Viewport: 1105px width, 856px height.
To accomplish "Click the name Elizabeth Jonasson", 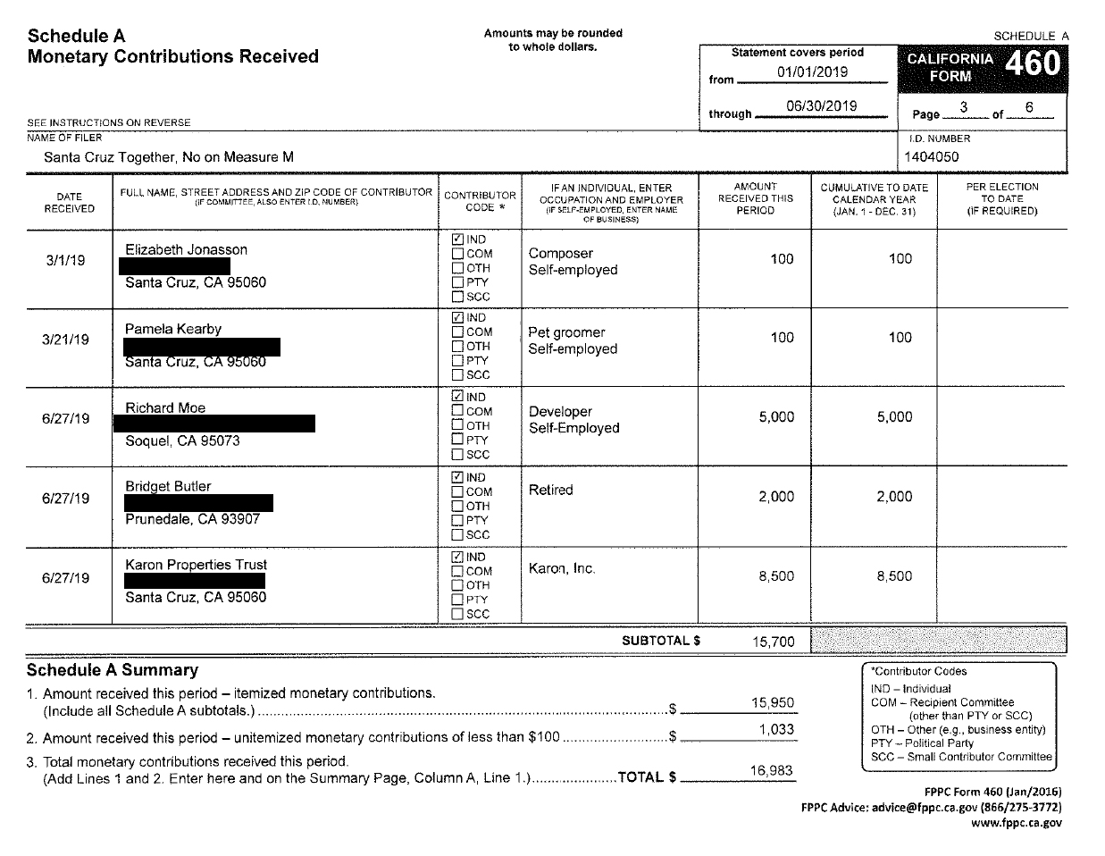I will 186,250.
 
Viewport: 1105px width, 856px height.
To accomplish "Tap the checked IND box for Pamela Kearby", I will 458,318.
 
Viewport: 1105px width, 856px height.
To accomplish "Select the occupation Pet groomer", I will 566,332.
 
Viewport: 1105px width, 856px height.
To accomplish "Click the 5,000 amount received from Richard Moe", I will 775,417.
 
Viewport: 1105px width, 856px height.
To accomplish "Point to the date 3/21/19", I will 66,340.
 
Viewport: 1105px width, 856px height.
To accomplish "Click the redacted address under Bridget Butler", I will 198,503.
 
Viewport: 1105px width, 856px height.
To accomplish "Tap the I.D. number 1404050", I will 931,157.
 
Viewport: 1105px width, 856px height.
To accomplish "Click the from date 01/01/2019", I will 812,72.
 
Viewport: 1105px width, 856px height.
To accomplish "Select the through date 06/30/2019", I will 821,106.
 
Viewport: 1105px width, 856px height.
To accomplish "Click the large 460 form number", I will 1033,64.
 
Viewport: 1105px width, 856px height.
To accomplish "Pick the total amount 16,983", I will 772,771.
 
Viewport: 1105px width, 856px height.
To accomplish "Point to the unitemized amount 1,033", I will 775,730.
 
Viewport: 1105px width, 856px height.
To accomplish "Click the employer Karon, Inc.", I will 562,569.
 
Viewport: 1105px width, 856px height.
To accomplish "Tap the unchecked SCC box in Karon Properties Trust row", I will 458,614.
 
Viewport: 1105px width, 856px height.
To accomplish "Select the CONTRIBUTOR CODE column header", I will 480,201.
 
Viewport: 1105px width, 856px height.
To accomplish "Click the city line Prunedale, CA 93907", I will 192,519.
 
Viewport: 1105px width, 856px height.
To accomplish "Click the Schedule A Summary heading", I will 112,670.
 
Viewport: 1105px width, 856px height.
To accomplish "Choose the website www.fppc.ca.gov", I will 1017,823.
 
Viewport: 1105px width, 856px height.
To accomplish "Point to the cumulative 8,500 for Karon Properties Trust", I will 894,577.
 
